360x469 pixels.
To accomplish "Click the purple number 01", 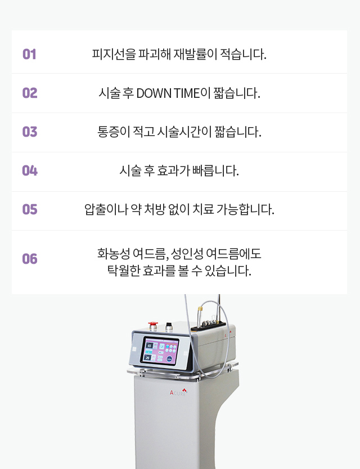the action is click(x=29, y=54).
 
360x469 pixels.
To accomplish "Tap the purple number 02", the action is click(x=30, y=93).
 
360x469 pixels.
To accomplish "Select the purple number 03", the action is click(x=30, y=132).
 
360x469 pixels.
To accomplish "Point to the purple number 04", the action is click(x=30, y=170).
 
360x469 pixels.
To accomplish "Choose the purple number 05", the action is click(x=30, y=209).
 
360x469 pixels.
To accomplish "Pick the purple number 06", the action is click(x=30, y=259).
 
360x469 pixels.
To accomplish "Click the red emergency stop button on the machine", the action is click(x=153, y=325).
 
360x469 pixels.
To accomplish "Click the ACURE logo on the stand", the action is click(x=178, y=392).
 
